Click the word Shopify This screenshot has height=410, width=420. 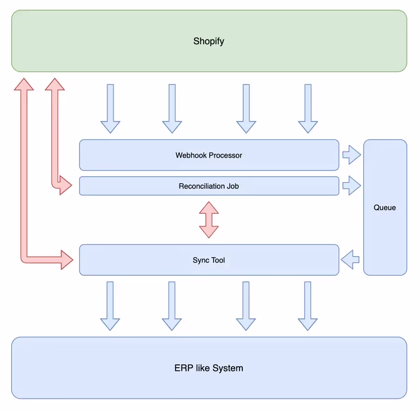pyautogui.click(x=209, y=41)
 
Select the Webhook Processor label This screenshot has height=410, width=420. pyautogui.click(x=209, y=155)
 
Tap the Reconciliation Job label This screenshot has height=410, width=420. pyautogui.click(x=209, y=186)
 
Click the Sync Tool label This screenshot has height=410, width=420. pyautogui.click(x=209, y=260)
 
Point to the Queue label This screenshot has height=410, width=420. pyautogui.click(x=385, y=208)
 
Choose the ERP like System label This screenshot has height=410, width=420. pyautogui.click(x=209, y=368)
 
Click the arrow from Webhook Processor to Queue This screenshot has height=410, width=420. pyautogui.click(x=352, y=155)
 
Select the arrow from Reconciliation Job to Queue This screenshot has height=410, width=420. pyautogui.click(x=352, y=185)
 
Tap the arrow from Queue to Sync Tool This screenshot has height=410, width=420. pyautogui.click(x=350, y=259)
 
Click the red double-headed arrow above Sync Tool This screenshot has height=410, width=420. pyautogui.click(x=209, y=220)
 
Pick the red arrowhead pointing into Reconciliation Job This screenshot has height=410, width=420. pyautogui.click(x=66, y=185)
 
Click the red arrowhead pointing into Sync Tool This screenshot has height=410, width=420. pyautogui.click(x=67, y=259)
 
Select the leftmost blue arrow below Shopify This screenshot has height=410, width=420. pyautogui.click(x=110, y=108)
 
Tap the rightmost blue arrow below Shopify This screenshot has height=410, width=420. pyautogui.click(x=308, y=108)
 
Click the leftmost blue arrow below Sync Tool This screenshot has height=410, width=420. pyautogui.click(x=110, y=306)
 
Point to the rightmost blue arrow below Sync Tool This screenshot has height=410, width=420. pyautogui.click(x=308, y=306)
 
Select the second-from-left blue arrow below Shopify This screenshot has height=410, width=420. pyautogui.click(x=172, y=108)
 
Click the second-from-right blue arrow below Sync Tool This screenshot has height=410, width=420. pyautogui.click(x=246, y=306)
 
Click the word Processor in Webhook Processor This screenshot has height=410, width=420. pyautogui.click(x=226, y=155)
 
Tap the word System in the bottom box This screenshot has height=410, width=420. pyautogui.click(x=228, y=368)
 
